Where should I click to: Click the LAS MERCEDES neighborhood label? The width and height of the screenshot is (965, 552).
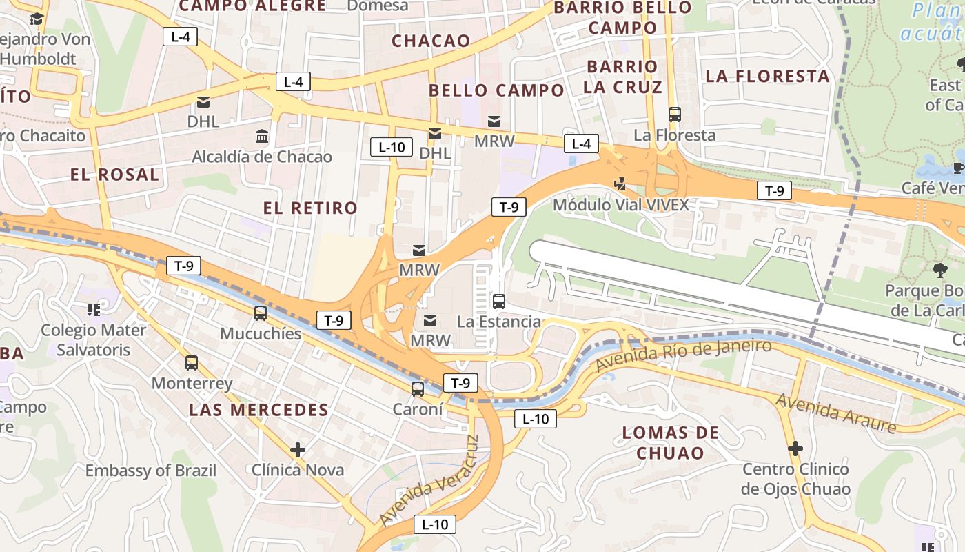pyautogui.click(x=258, y=409)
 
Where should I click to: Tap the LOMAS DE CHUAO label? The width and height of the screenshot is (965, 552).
pyautogui.click(x=670, y=443)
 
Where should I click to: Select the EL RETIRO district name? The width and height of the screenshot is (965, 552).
pyautogui.click(x=310, y=208)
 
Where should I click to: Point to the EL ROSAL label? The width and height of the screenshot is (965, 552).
pyautogui.click(x=114, y=175)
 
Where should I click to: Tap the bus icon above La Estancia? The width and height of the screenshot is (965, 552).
pyautogui.click(x=499, y=302)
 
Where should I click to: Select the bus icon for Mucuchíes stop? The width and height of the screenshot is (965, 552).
pyautogui.click(x=261, y=313)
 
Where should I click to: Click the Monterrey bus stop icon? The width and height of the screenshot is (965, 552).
pyautogui.click(x=192, y=363)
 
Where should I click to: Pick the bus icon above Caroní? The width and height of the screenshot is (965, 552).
pyautogui.click(x=418, y=389)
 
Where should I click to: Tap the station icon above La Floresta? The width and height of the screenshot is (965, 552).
pyautogui.click(x=675, y=115)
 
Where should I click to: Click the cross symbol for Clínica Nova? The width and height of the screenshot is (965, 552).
pyautogui.click(x=298, y=451)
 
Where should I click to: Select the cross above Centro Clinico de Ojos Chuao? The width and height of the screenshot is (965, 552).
pyautogui.click(x=795, y=449)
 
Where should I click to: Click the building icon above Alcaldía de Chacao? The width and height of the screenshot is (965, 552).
pyautogui.click(x=262, y=137)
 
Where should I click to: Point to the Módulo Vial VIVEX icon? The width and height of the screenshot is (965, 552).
pyautogui.click(x=620, y=184)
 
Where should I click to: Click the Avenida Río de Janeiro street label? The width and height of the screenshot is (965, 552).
pyautogui.click(x=683, y=355)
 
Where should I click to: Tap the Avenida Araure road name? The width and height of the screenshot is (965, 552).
pyautogui.click(x=836, y=413)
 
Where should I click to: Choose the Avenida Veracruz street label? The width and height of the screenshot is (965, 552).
pyautogui.click(x=428, y=480)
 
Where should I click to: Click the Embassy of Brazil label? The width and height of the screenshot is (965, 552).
pyautogui.click(x=150, y=471)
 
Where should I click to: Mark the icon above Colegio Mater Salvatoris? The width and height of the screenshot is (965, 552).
pyautogui.click(x=93, y=310)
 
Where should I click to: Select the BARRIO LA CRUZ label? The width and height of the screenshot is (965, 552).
pyautogui.click(x=622, y=77)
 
